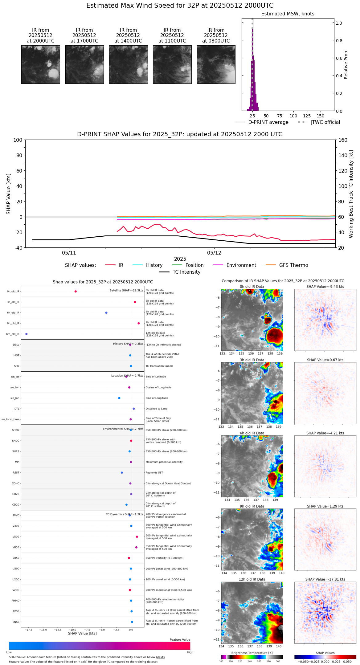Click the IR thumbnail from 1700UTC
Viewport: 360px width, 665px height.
point(84,64)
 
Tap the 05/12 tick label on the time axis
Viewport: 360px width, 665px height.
point(214,253)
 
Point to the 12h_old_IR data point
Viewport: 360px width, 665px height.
point(27,334)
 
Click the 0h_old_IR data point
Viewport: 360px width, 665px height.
point(76,292)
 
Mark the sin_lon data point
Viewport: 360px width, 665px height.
point(119,398)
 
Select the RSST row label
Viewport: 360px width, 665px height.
point(16,473)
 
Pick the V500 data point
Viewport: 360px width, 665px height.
point(137,537)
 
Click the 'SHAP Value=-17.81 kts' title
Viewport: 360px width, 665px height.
point(325,579)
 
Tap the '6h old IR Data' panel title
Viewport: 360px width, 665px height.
point(252,433)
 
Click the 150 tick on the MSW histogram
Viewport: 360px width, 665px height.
point(321,116)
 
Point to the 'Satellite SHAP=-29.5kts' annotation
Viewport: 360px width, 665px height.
point(126,291)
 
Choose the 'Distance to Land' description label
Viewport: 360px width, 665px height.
point(157,409)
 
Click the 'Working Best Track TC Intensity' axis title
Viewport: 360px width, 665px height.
point(351,194)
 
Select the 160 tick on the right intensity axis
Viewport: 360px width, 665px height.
point(343,140)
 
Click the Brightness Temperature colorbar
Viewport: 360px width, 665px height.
point(252,657)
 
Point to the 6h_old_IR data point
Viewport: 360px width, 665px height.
point(106,313)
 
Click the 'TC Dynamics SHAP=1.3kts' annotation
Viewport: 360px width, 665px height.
point(125,514)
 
